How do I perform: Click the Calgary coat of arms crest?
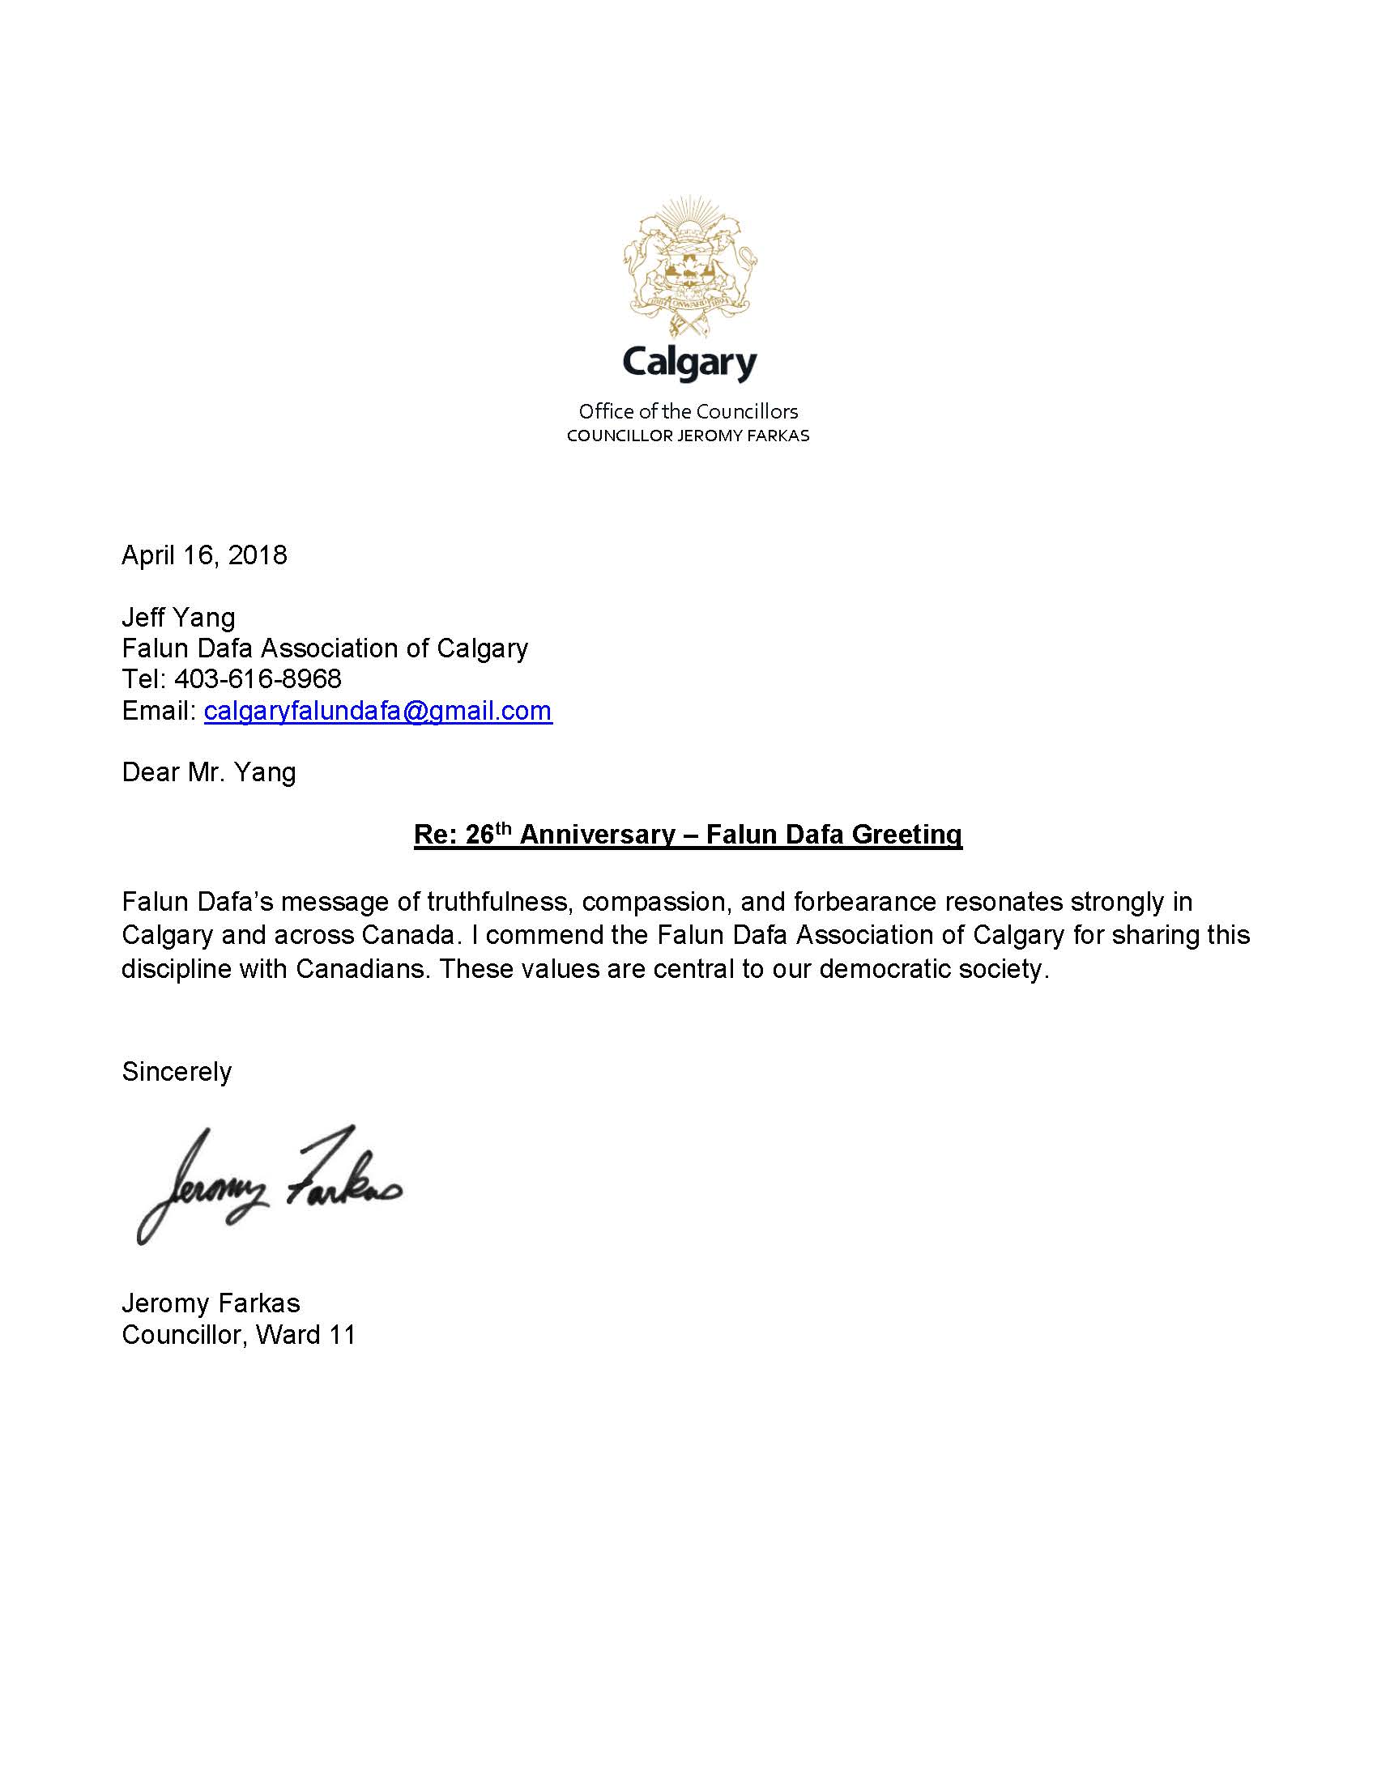(689, 266)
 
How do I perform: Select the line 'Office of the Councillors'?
(688, 411)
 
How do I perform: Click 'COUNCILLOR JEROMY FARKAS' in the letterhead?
(688, 436)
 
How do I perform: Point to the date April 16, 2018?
(204, 555)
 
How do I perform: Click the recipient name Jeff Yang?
(178, 618)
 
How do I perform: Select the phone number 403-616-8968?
(258, 678)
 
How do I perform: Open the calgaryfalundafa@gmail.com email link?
(377, 710)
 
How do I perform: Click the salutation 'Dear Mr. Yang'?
(208, 771)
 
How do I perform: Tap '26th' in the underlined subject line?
(488, 833)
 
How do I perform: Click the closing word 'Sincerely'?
(177, 1071)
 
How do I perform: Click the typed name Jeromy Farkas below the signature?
(211, 1303)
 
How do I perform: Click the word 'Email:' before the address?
(158, 710)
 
